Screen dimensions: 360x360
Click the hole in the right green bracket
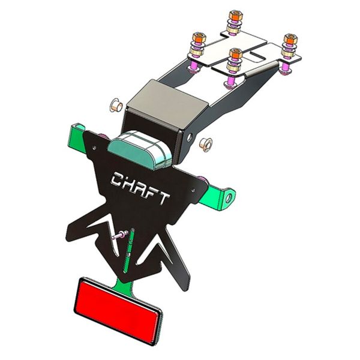tap(228, 196)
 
